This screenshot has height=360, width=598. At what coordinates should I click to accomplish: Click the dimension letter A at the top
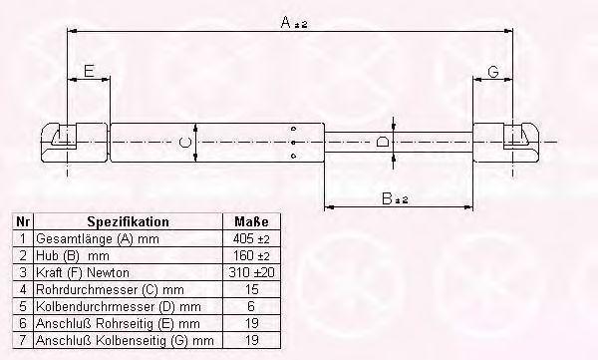coord(286,22)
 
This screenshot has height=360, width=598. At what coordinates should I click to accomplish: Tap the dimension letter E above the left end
coord(89,71)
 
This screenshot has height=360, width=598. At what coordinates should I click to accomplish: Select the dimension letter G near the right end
coord(493,72)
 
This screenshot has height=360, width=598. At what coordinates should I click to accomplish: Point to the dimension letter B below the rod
coord(387,198)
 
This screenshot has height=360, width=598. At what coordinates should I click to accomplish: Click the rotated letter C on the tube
coord(185,143)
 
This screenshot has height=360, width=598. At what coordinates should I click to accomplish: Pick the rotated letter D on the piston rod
coord(383,142)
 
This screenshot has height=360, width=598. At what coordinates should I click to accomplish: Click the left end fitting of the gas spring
coord(75,143)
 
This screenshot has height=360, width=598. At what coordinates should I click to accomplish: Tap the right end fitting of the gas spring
coord(506,143)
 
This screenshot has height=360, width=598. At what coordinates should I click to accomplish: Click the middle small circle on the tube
coord(293,143)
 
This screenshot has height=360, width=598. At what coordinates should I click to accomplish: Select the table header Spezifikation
coord(129,221)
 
